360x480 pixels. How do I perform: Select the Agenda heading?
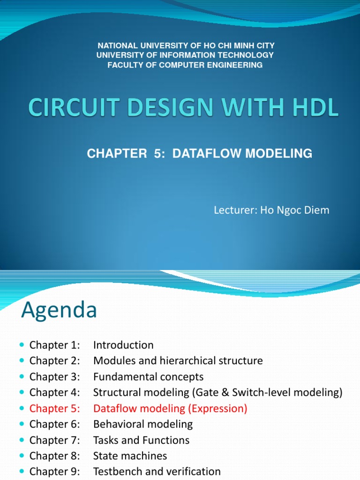pos(59,310)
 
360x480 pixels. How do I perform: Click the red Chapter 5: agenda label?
pos(54,408)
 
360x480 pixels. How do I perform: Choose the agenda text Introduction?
pos(123,345)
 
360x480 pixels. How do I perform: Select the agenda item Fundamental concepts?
pos(148,377)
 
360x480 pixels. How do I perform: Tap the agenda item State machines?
pos(130,456)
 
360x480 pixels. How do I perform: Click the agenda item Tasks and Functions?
pos(141,440)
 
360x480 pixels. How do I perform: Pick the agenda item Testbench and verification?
pos(157,472)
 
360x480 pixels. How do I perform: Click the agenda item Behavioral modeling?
pos(143,424)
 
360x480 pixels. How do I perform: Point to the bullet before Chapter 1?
pos(23,345)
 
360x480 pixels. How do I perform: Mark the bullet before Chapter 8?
pos(23,456)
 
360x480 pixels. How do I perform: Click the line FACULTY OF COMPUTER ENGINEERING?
pos(185,65)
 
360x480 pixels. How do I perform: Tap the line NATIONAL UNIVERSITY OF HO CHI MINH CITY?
pos(186,45)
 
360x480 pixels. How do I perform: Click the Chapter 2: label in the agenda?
pos(54,361)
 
